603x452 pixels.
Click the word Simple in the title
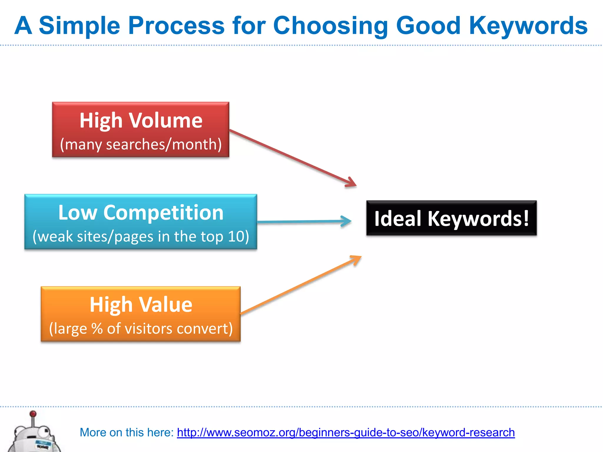(79, 26)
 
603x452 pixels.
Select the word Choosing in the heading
(330, 26)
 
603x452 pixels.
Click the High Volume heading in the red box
(141, 120)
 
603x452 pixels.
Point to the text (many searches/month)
(141, 144)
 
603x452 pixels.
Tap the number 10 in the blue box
(236, 236)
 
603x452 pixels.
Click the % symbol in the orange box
(97, 328)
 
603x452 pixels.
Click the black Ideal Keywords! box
(451, 218)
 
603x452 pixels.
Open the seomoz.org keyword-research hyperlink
(346, 433)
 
